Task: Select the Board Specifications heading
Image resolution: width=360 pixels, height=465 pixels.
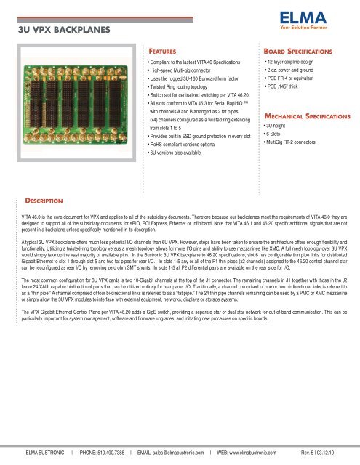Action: [297, 53]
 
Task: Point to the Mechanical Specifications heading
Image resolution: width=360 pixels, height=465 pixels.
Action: [305, 116]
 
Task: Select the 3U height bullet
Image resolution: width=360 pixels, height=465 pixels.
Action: [278, 125]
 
